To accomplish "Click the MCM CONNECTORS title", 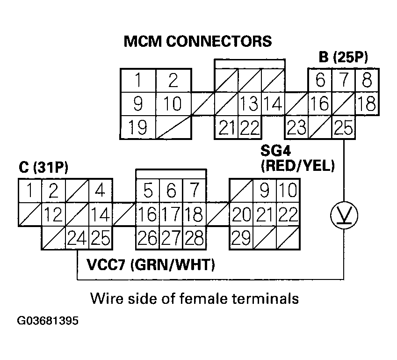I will point(197,41).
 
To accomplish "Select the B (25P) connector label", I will point(343,57).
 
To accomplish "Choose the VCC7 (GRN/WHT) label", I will point(151,265).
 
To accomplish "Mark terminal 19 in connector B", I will point(138,127).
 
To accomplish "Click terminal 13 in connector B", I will point(250,104).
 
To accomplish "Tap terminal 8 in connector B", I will point(367,81).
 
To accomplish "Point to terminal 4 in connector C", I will point(100,191).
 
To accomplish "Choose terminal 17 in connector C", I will point(171,214).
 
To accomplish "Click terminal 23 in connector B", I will point(296,127).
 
